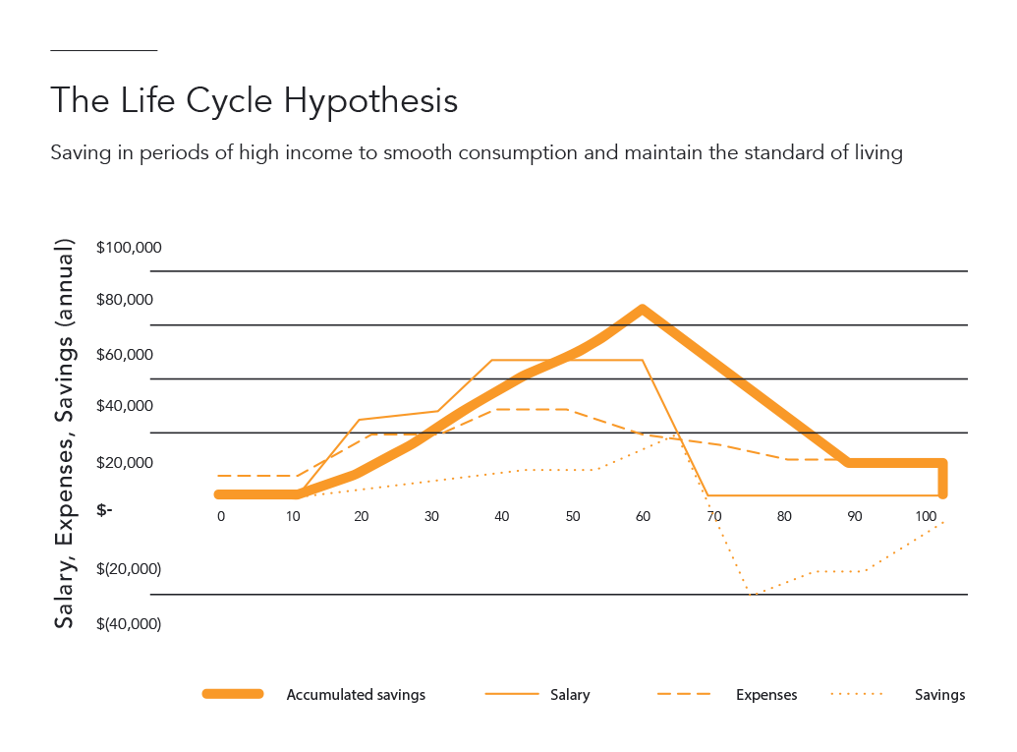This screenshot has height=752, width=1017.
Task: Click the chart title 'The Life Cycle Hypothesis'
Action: [254, 101]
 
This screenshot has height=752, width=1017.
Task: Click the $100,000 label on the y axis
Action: [129, 247]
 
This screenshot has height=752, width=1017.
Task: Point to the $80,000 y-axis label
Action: [129, 300]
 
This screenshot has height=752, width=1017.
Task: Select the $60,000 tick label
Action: [129, 354]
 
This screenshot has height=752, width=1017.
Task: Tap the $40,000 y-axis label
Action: [129, 407]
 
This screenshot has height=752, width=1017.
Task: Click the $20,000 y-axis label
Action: [129, 462]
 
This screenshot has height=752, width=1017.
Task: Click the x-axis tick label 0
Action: [221, 516]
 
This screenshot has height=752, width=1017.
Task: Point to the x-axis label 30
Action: [430, 516]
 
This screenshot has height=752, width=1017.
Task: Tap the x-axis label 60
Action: [643, 516]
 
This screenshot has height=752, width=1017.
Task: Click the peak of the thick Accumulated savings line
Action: [643, 309]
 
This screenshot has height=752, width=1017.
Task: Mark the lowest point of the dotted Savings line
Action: [750, 595]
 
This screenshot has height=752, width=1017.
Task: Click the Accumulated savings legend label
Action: [356, 695]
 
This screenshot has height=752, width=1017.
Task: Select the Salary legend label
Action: [570, 695]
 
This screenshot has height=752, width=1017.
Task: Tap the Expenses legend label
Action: [766, 695]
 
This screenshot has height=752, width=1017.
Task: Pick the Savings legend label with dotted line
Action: [939, 695]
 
